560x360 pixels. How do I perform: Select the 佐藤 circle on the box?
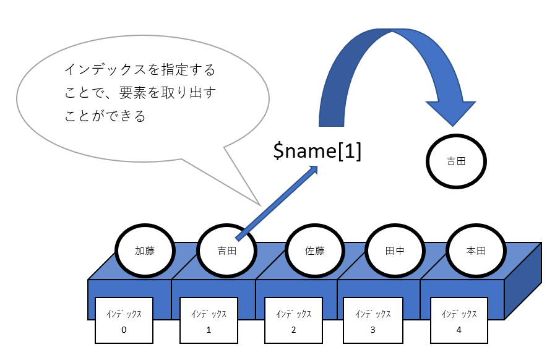[314, 251]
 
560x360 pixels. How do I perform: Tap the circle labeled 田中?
[394, 251]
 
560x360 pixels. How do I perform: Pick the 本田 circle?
[476, 251]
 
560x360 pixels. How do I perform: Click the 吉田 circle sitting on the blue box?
[226, 251]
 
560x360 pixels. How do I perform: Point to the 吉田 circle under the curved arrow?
[456, 161]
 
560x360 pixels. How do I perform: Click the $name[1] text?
[317, 151]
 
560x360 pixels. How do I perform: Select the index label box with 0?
[124, 320]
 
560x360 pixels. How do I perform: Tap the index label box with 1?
[209, 320]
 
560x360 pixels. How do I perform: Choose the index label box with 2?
[293, 320]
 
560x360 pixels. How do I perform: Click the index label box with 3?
[373, 320]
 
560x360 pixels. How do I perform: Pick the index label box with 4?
[459, 320]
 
